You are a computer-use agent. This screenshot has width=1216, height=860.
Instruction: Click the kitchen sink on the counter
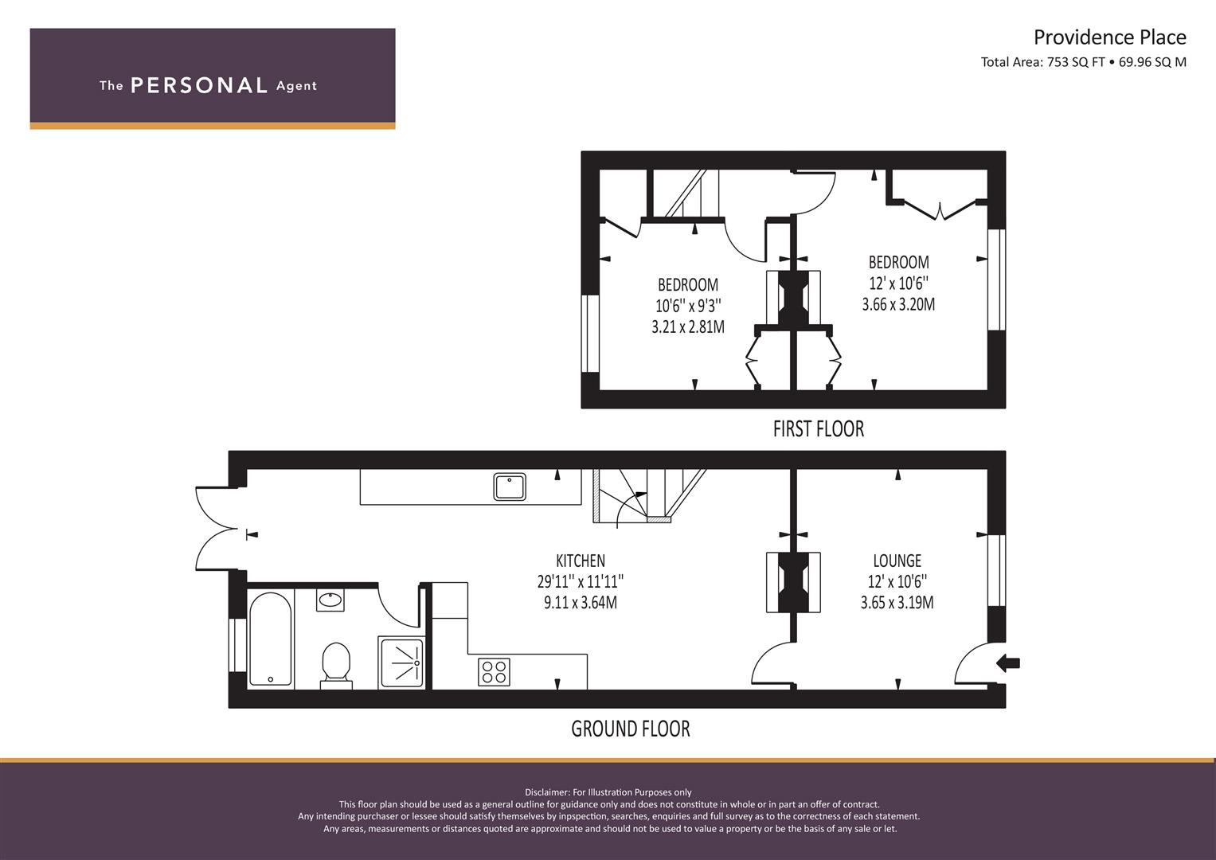(510, 487)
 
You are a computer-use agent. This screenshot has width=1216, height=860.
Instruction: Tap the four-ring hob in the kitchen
(494, 671)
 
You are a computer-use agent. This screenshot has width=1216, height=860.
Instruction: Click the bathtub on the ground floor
(271, 639)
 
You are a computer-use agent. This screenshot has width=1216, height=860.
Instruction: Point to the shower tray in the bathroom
(401, 663)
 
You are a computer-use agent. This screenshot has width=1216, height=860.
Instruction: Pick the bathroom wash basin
(330, 600)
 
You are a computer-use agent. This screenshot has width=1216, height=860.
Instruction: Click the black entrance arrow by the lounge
(1008, 663)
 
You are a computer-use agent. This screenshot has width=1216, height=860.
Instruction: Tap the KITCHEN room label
(581, 561)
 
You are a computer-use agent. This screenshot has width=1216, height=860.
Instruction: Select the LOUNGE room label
(897, 561)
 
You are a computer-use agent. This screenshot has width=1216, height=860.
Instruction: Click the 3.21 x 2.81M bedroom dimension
(688, 326)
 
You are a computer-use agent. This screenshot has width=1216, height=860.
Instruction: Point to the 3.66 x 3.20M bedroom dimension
(898, 304)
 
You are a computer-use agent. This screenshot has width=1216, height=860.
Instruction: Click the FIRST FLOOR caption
(818, 429)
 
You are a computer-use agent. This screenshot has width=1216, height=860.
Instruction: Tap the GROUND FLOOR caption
(630, 729)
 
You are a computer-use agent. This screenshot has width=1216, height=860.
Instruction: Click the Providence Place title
(1109, 37)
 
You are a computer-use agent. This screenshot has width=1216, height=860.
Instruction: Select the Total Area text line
(1084, 62)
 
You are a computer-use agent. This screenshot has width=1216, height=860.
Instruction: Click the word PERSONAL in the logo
(199, 86)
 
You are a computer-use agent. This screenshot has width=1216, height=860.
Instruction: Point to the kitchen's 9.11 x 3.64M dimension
(581, 603)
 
